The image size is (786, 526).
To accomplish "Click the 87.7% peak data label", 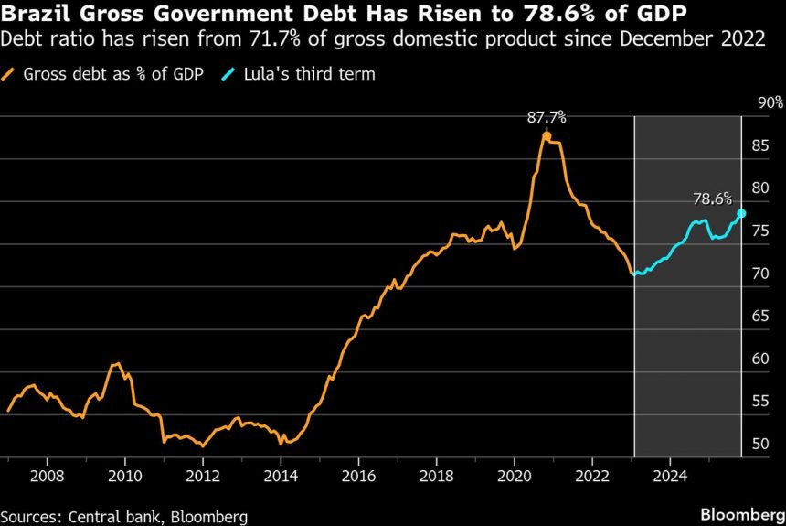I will [547, 117].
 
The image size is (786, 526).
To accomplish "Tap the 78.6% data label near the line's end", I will [712, 198].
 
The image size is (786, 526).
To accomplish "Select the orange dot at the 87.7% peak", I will [547, 136].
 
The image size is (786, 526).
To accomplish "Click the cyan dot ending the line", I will [741, 213].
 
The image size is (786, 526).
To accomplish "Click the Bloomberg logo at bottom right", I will [740, 515].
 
